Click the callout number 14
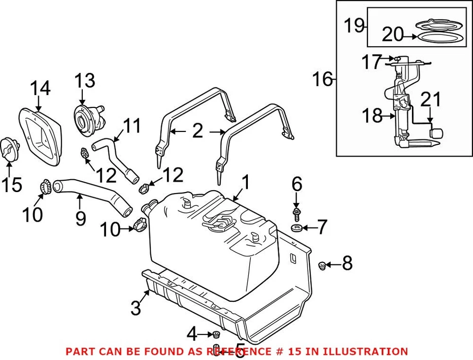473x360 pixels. click(x=40, y=89)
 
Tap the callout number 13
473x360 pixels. click(x=85, y=80)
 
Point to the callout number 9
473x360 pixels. click(x=81, y=218)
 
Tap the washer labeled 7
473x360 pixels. click(x=297, y=228)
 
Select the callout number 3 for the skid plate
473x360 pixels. click(x=136, y=309)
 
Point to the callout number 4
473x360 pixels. click(x=192, y=334)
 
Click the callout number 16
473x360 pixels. click(x=323, y=79)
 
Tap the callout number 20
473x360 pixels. click(x=393, y=34)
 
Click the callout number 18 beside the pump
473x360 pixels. click(x=372, y=116)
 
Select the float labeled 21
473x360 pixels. click(x=437, y=132)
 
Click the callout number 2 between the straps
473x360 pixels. click(x=197, y=131)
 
